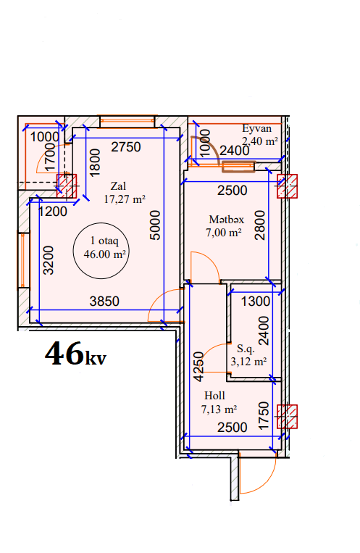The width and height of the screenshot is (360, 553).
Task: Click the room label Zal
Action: (x=118, y=186)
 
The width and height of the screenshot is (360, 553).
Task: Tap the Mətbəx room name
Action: (x=227, y=220)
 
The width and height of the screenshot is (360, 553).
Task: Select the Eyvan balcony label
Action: (x=256, y=128)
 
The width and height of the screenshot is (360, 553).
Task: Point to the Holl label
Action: (x=214, y=395)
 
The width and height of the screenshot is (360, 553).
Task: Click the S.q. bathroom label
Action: (x=246, y=349)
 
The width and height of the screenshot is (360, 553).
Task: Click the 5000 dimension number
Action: (x=155, y=225)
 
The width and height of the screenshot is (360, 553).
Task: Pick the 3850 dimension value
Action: (x=104, y=302)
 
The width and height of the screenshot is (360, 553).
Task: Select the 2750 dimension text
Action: (x=126, y=146)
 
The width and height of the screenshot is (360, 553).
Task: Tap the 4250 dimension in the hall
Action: (x=199, y=367)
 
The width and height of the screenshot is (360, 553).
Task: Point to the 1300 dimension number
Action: (x=256, y=302)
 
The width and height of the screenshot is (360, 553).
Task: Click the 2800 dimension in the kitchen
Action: (x=260, y=225)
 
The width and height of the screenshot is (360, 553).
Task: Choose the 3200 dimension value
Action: (x=49, y=260)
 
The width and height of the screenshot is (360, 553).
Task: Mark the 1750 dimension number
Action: (x=264, y=415)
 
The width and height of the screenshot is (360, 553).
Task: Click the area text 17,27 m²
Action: (x=125, y=199)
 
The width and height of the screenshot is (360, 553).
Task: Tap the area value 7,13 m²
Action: (x=219, y=409)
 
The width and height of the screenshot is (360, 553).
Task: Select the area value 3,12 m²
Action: (x=248, y=362)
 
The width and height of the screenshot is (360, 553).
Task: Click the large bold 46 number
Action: (x=64, y=353)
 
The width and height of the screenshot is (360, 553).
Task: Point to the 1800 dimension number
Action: (x=95, y=162)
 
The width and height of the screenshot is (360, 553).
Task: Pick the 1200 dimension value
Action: (x=53, y=211)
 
